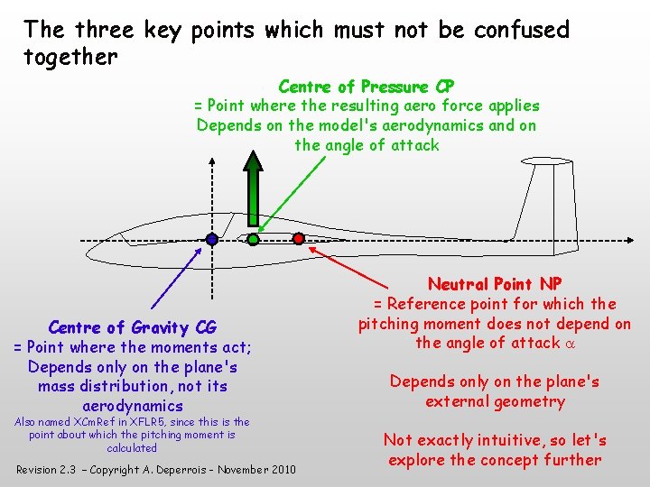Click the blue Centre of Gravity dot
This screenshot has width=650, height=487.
coord(211,240)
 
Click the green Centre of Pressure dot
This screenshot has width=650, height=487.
coord(254,240)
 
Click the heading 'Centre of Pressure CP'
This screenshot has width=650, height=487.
coord(367,87)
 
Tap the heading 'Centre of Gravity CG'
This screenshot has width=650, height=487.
coord(132,327)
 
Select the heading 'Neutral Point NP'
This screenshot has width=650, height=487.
coord(495,284)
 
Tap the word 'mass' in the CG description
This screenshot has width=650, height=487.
coord(57,386)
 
